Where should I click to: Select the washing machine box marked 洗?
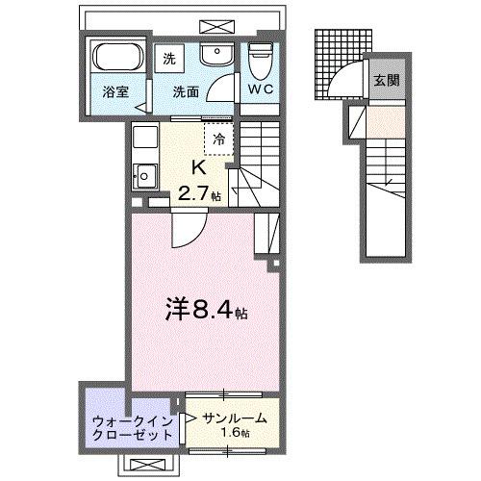coord(169,57)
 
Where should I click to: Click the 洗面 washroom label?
coord(185,93)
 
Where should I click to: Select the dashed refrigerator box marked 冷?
coord(217,138)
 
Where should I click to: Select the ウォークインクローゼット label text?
coord(128,426)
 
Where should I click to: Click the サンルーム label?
coord(234,418)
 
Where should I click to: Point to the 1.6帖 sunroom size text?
coord(236,435)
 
